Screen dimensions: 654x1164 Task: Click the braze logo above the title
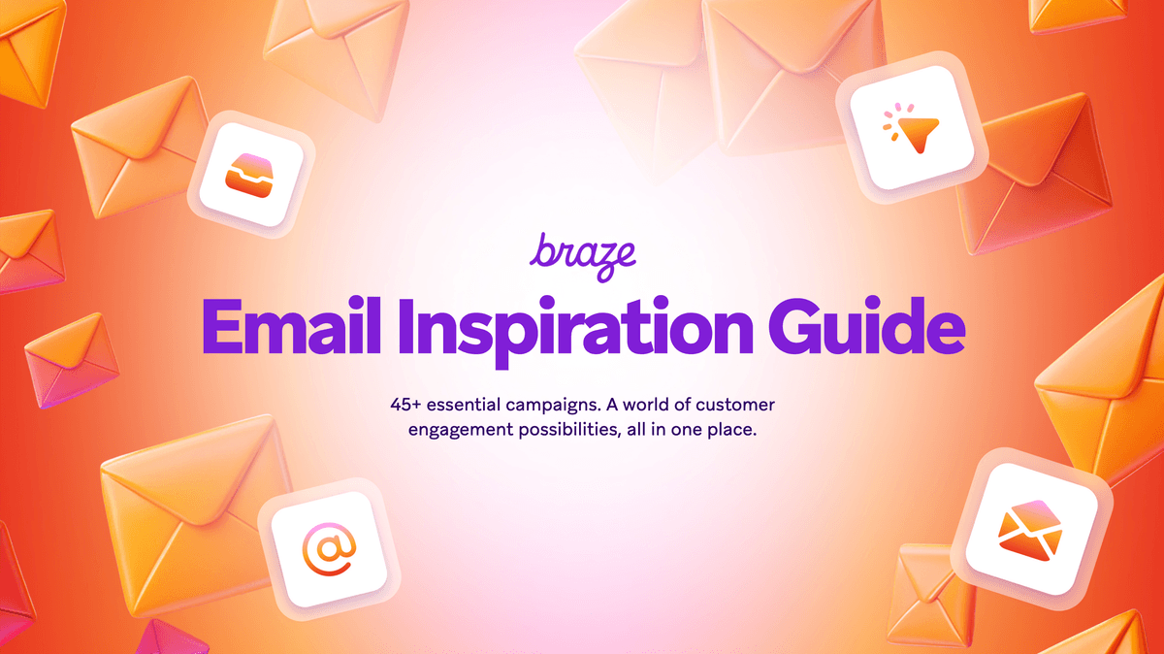pos(582,254)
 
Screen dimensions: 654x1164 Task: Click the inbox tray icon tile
pos(251,175)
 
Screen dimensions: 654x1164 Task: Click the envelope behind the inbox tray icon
pos(136,146)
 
